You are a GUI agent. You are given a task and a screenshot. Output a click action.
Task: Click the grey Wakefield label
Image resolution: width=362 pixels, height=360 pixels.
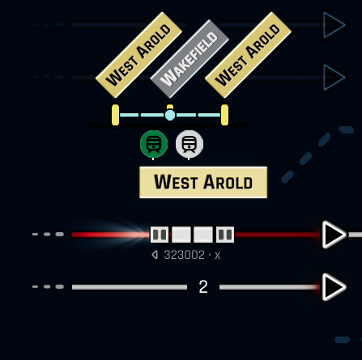pos(190,58)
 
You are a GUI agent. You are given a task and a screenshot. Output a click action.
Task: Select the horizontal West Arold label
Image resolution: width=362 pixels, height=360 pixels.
pos(203,182)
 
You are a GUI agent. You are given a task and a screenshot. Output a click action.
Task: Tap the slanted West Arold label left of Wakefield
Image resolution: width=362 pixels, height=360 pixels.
pos(138,55)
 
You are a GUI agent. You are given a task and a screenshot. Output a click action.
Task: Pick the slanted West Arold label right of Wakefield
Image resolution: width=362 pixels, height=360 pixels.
pos(248,55)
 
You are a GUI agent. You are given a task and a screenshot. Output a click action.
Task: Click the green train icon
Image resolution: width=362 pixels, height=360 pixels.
pos(154,144)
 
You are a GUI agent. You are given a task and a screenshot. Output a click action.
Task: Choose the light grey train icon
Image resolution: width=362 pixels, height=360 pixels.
pos(190,144)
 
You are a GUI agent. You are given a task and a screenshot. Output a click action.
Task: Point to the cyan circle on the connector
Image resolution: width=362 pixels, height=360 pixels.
pos(170,115)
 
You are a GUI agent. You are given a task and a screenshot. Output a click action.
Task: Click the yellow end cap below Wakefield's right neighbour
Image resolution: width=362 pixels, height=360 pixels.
pos(224,115)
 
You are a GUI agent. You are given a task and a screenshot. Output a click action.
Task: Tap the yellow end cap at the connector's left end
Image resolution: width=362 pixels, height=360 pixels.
pos(115,115)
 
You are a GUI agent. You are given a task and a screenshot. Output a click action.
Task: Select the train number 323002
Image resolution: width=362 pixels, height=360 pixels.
pos(185,255)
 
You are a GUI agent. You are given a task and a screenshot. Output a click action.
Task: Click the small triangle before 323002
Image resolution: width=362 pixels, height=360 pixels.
pos(155,255)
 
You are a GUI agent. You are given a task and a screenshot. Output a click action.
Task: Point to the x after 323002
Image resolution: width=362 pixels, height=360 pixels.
pos(218,256)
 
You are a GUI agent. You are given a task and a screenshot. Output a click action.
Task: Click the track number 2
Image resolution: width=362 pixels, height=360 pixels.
pos(203,286)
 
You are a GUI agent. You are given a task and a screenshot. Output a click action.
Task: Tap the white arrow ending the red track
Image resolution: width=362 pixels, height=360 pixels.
pos(334,235)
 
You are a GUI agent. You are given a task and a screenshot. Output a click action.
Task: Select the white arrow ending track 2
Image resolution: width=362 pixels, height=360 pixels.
pos(334,287)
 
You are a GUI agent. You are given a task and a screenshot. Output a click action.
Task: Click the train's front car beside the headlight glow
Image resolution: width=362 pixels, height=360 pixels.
pos(160,235)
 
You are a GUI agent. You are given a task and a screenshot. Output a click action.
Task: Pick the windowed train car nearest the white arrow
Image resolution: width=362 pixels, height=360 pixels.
pos(225,235)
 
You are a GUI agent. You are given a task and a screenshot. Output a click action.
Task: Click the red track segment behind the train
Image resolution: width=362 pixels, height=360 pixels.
pos(278,235)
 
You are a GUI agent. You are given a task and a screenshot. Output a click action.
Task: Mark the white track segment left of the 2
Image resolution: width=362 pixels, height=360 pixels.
pos(130,287)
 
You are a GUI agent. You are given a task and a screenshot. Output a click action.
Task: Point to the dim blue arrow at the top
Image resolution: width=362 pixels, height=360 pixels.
pos(334,25)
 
